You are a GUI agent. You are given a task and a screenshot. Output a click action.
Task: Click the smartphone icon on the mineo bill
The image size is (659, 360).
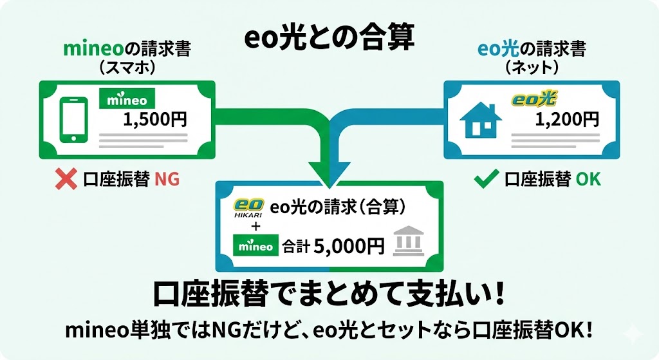[73, 120]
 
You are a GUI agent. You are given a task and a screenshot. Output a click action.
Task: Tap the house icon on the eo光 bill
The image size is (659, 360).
[482, 120]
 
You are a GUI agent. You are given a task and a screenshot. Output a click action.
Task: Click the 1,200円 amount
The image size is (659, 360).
[567, 119]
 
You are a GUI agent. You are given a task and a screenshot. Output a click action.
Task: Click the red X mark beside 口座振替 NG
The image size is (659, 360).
[66, 179]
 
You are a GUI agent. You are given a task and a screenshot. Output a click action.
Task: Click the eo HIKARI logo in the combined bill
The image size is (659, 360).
[246, 208]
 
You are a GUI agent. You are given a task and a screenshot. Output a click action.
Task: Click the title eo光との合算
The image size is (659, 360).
[329, 39]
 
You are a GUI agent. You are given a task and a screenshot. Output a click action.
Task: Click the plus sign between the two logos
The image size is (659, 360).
[255, 227]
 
